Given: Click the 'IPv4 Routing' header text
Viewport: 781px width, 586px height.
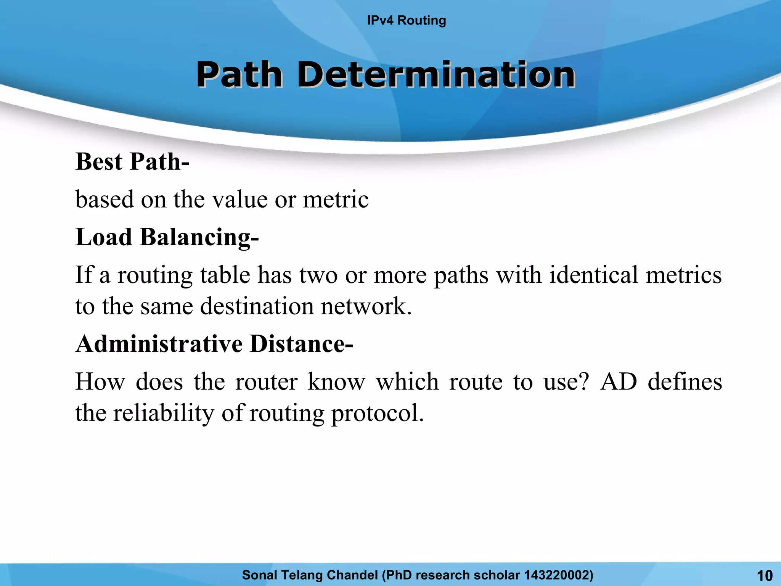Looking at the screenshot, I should coord(406,20).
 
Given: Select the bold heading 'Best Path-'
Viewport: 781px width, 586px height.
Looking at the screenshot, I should coord(132,162).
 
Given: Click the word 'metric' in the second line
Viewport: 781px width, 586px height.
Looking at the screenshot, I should coord(336,199).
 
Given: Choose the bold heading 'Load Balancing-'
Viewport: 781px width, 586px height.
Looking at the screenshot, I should coord(167,237).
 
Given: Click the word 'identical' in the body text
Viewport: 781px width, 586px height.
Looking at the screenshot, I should coord(593,275).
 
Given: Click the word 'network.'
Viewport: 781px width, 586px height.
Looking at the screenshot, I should coord(366,306).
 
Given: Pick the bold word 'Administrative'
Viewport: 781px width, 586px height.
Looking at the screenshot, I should coord(159,344).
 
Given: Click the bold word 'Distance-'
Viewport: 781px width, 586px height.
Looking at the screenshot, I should coord(301,344).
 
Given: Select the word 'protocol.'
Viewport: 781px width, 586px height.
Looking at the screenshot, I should coord(378,414).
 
